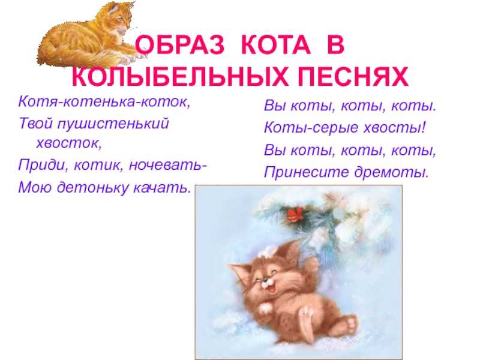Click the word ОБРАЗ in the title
pyautogui.click(x=179, y=46)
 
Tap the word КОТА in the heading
pyautogui.click(x=276, y=46)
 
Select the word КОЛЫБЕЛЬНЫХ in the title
pyautogui.click(x=180, y=76)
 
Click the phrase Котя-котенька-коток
pyautogui.click(x=104, y=101)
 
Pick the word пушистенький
pyautogui.click(x=113, y=124)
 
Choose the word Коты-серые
pyautogui.click(x=311, y=128)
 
